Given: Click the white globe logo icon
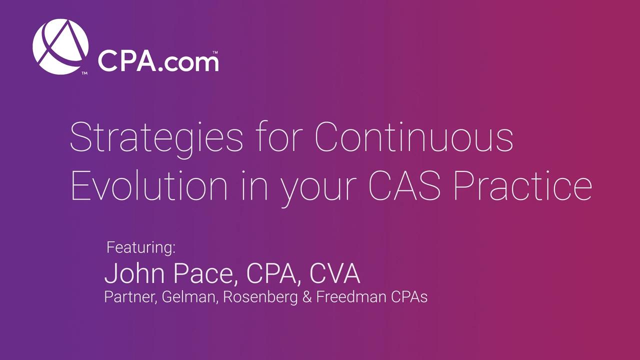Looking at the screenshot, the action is coord(60,46).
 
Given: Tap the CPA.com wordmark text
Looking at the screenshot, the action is coord(158,61).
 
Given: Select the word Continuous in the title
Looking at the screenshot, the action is coord(413,137).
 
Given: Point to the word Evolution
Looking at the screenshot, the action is coord(149,185).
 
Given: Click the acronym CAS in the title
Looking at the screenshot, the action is coord(404,185).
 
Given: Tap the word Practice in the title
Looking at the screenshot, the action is coord(523,185).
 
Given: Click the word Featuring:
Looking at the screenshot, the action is coord(141,247).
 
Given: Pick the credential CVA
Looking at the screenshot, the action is coord(335,273).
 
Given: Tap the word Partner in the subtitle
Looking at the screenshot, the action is coord(130,297).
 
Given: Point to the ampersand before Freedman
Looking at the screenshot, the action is coord(306,297).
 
